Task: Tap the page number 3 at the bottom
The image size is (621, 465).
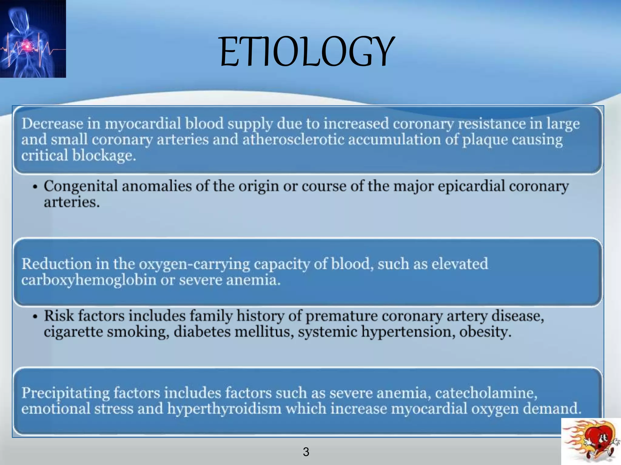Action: (306, 452)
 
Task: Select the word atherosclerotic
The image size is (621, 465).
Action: (293, 140)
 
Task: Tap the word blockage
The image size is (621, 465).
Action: (104, 156)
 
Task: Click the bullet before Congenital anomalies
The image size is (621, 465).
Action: (35, 187)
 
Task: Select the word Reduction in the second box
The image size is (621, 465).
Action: (56, 264)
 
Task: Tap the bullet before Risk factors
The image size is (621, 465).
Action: (35, 317)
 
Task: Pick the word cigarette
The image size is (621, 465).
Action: (73, 332)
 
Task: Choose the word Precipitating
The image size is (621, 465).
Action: (65, 393)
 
